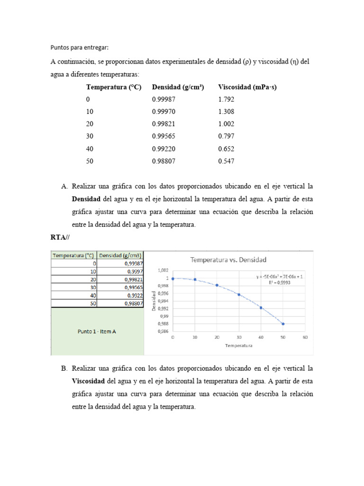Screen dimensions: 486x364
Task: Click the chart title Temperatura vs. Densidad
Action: point(228,260)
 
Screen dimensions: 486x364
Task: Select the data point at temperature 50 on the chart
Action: point(283,324)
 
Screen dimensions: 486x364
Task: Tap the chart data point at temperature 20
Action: point(217,285)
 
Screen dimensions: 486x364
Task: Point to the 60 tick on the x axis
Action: point(305,337)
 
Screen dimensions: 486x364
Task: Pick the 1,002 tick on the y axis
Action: point(163,270)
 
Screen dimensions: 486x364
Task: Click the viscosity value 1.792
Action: point(226,99)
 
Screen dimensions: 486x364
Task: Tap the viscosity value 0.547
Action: point(226,161)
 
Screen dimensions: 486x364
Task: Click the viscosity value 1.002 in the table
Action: point(226,124)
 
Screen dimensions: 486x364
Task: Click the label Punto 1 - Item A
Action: point(97,331)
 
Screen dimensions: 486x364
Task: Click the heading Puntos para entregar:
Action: point(80,47)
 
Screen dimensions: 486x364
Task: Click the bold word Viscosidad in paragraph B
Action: point(88,381)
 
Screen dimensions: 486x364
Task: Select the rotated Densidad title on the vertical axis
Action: point(154,300)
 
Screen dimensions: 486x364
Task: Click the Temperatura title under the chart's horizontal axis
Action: point(238,346)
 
